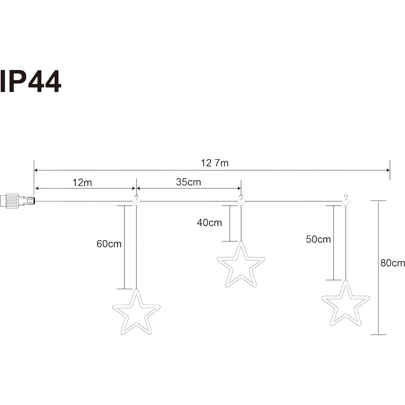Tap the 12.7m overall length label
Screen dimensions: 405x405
click(x=215, y=163)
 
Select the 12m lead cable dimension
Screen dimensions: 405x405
click(x=82, y=182)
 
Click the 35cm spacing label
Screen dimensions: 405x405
click(x=188, y=182)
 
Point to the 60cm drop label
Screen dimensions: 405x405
click(x=109, y=244)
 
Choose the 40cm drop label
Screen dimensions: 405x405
click(x=209, y=222)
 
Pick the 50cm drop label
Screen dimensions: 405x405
click(x=318, y=239)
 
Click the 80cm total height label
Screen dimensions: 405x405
click(x=392, y=263)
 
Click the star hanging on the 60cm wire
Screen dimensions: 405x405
click(x=136, y=314)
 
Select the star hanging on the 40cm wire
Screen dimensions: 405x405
click(x=241, y=266)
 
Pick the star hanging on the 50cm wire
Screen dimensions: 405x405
click(x=345, y=305)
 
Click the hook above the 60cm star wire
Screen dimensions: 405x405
click(x=136, y=200)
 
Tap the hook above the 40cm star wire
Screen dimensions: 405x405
click(x=241, y=200)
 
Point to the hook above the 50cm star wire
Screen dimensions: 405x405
click(x=345, y=200)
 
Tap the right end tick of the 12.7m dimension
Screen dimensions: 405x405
click(x=390, y=170)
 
